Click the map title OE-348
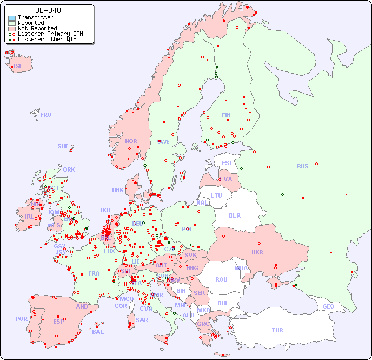(x=48, y=10)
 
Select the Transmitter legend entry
(x=35, y=18)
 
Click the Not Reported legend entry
(x=37, y=28)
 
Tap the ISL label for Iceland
(x=18, y=67)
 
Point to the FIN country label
(x=226, y=115)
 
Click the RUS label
(x=302, y=166)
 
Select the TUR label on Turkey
(x=277, y=330)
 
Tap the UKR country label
(x=257, y=252)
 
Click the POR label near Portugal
(x=21, y=319)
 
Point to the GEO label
(x=328, y=306)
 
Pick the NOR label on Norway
(x=131, y=141)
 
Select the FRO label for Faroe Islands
(x=46, y=115)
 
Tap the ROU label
(x=221, y=279)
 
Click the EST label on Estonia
(x=228, y=163)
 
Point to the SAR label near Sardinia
(x=142, y=320)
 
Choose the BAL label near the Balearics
(x=98, y=332)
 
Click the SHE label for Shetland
(x=63, y=146)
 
